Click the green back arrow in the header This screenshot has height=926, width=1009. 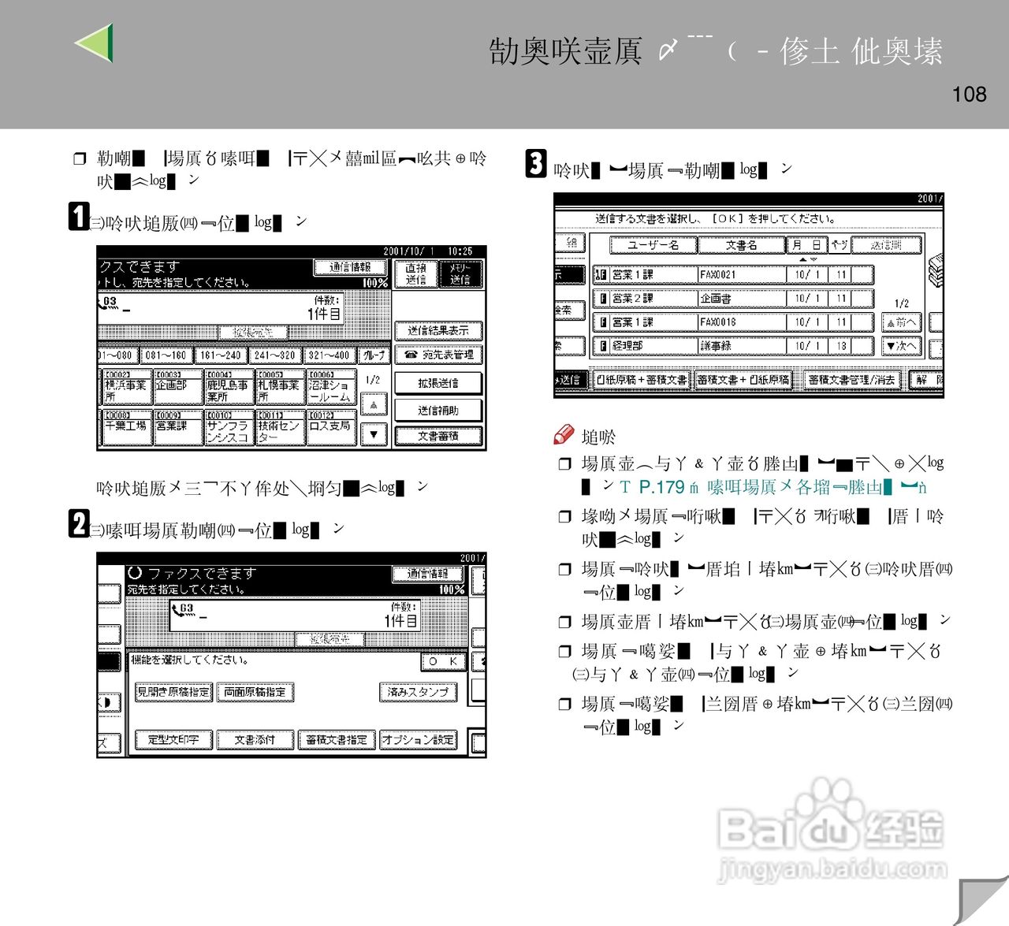95,43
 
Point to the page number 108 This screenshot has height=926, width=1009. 969,95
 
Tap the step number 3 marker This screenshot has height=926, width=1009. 536,164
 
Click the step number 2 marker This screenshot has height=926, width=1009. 79,523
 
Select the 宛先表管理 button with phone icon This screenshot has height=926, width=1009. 438,355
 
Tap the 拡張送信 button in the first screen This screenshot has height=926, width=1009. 438,383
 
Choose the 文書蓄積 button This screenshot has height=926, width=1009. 438,436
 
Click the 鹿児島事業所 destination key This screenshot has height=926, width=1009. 228,387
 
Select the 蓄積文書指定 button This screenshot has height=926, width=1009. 336,740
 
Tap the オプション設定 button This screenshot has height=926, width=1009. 418,740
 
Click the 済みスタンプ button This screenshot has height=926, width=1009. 418,692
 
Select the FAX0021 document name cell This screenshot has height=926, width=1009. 741,275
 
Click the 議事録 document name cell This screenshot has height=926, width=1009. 741,346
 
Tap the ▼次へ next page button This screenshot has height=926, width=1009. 900,346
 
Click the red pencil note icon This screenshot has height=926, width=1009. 564,433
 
